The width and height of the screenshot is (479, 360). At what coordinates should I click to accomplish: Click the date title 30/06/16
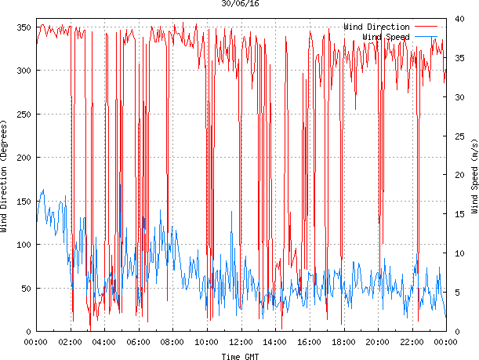241,4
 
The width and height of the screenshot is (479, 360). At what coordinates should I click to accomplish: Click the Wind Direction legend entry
376,27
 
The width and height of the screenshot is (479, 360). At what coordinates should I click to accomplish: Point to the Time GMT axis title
240,356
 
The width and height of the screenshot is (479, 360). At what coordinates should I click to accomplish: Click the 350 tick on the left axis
23,27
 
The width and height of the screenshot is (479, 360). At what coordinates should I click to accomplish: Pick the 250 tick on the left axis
23,115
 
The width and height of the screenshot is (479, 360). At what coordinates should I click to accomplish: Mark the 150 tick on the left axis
23,202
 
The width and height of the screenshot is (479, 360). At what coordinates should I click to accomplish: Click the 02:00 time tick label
70,342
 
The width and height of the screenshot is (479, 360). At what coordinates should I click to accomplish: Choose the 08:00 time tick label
172,342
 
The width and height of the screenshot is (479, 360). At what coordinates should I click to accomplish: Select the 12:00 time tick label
241,342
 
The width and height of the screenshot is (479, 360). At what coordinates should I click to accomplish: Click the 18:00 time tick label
343,342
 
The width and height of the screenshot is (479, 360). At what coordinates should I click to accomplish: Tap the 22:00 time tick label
412,342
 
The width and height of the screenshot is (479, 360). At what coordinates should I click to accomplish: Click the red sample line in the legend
426,27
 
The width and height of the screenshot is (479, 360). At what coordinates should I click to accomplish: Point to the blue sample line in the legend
426,37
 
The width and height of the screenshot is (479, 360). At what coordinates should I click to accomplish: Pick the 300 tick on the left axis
23,71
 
